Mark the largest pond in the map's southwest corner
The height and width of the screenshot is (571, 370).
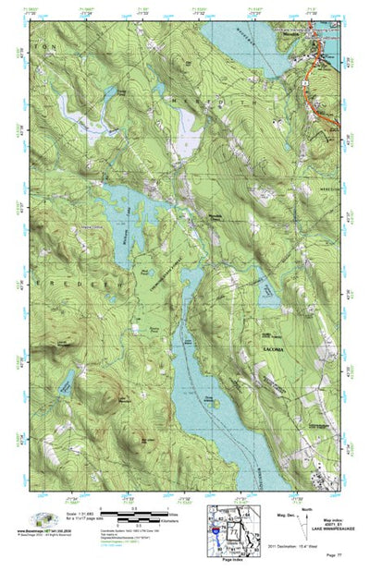(64, 388)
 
